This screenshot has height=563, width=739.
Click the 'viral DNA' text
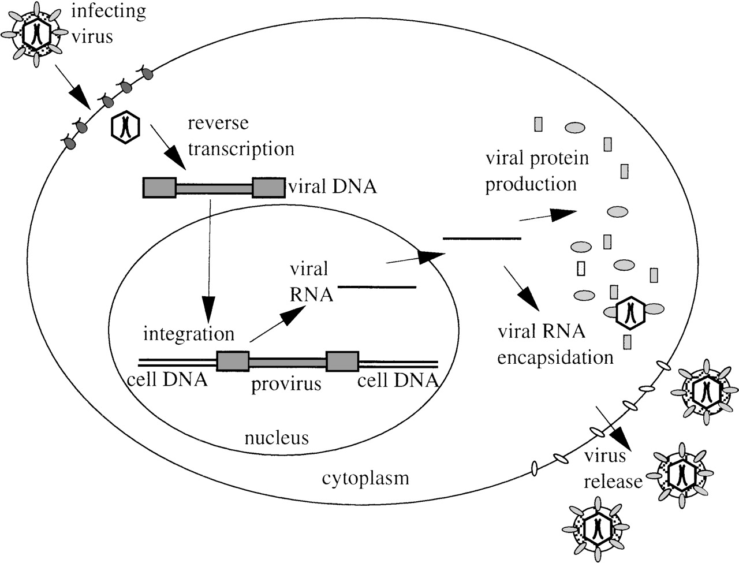click(332, 187)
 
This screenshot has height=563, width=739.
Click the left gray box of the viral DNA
click(159, 188)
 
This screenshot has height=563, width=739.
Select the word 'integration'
click(189, 334)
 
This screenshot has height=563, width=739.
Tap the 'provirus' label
click(286, 383)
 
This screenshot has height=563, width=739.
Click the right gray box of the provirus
click(342, 361)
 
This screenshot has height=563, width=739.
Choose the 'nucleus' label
click(277, 438)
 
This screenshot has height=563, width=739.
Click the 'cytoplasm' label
click(365, 478)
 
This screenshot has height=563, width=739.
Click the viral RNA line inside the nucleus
click(377, 287)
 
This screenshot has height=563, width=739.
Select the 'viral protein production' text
click(537, 171)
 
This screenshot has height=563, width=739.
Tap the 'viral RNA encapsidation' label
click(554, 345)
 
